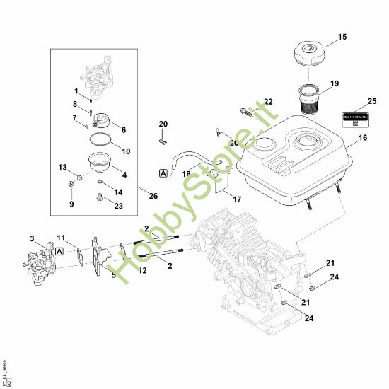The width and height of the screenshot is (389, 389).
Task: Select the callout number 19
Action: click(335, 83)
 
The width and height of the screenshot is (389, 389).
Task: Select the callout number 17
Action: click(237, 199)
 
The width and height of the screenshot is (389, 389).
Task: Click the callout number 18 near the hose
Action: click(186, 173)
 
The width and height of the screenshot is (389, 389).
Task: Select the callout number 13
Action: click(62, 167)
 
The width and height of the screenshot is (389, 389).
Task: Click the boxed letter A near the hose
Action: click(163, 172)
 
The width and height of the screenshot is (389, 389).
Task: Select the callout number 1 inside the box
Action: click(76, 91)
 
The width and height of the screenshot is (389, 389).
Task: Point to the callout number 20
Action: click(163, 124)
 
